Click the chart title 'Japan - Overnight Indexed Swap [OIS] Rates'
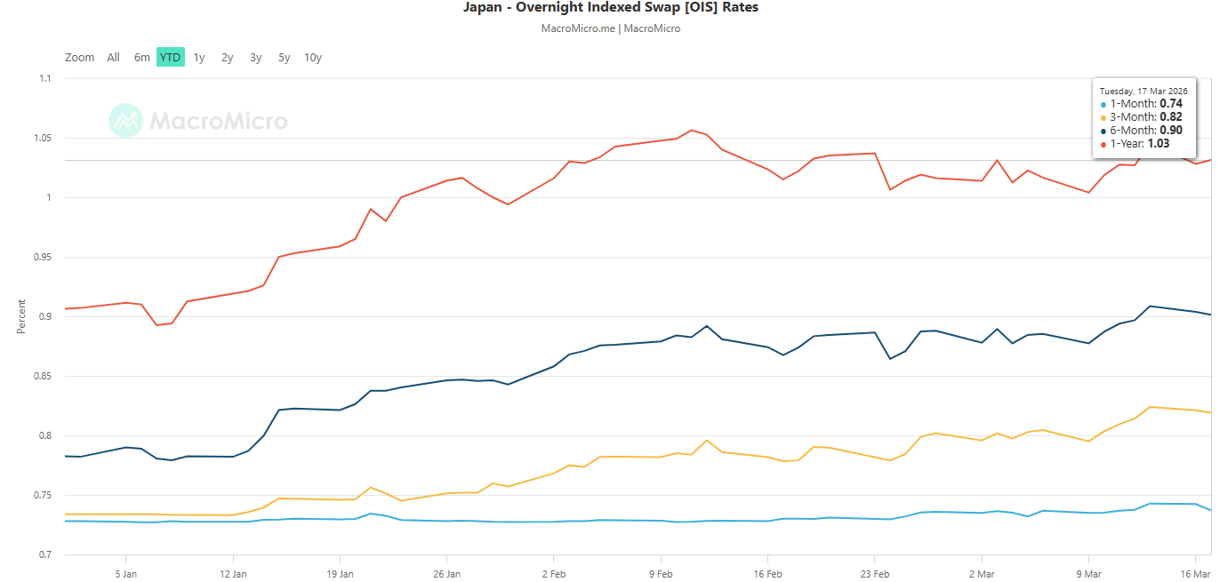point(611,8)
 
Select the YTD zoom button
point(170,58)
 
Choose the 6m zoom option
point(142,58)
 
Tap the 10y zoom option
point(312,58)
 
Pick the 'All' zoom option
point(113,58)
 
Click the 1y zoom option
point(199,58)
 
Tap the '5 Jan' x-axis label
point(125,574)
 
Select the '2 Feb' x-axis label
point(553,574)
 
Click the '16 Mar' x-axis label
point(1196,574)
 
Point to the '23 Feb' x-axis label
point(875,574)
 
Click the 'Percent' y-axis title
point(21,316)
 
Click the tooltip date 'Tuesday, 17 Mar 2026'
point(1144,91)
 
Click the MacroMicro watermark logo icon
point(125,120)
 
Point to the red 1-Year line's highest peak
point(692,131)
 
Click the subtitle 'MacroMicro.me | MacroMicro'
point(611,28)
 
